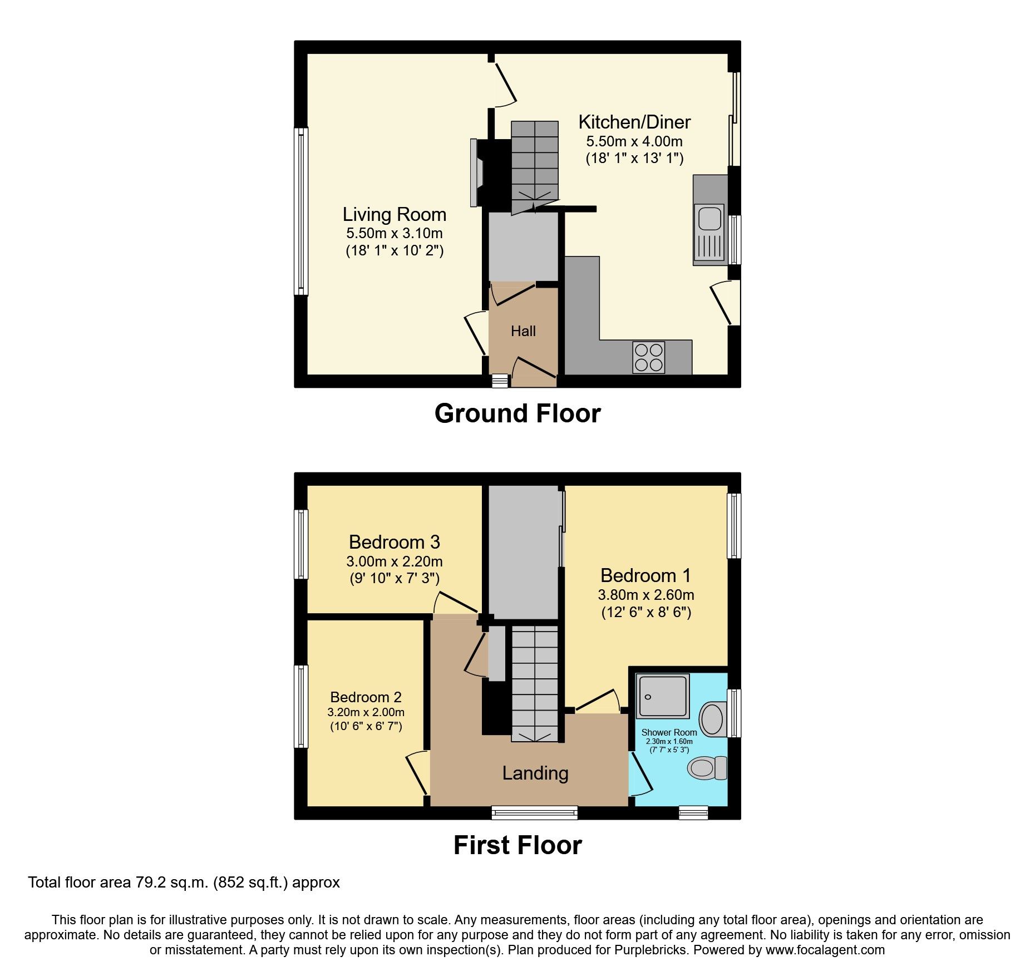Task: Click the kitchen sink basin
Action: [x=709, y=218]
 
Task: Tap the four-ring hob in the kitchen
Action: [x=649, y=357]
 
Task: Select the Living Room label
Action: [x=394, y=214]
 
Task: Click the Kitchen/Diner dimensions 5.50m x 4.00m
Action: [x=634, y=141]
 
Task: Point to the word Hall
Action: [x=523, y=331]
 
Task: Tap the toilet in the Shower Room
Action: [x=707, y=768]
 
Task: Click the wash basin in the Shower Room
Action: [x=712, y=718]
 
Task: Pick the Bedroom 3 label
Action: [x=394, y=542]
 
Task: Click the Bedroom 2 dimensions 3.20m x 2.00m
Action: [x=366, y=712]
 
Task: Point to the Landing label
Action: [x=535, y=773]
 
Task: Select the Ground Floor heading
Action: [x=517, y=413]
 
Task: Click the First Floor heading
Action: [x=517, y=845]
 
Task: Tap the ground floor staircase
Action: [x=534, y=167]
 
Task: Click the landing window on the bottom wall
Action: [x=534, y=813]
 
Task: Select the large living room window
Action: [x=301, y=211]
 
